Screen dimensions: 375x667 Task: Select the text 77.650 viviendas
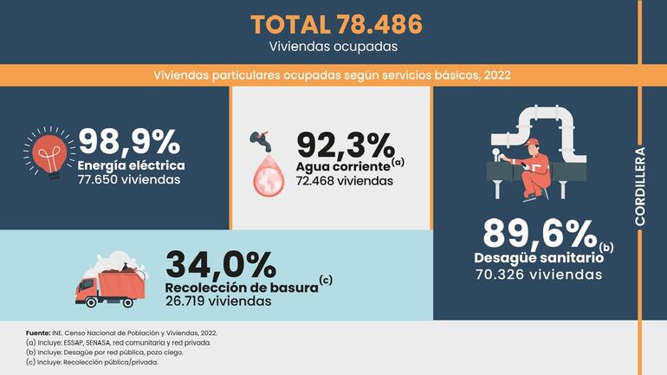(x=129, y=180)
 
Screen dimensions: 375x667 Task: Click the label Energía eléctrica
(x=131, y=165)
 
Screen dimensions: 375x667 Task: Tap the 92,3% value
(x=345, y=144)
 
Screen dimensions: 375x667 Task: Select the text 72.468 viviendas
(x=345, y=181)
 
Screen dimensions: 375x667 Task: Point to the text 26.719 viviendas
(x=217, y=301)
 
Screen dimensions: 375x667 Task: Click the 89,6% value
(x=539, y=233)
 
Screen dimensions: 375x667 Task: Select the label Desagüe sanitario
(x=536, y=258)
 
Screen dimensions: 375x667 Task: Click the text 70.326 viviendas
(x=538, y=275)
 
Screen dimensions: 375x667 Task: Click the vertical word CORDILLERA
(x=640, y=185)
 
